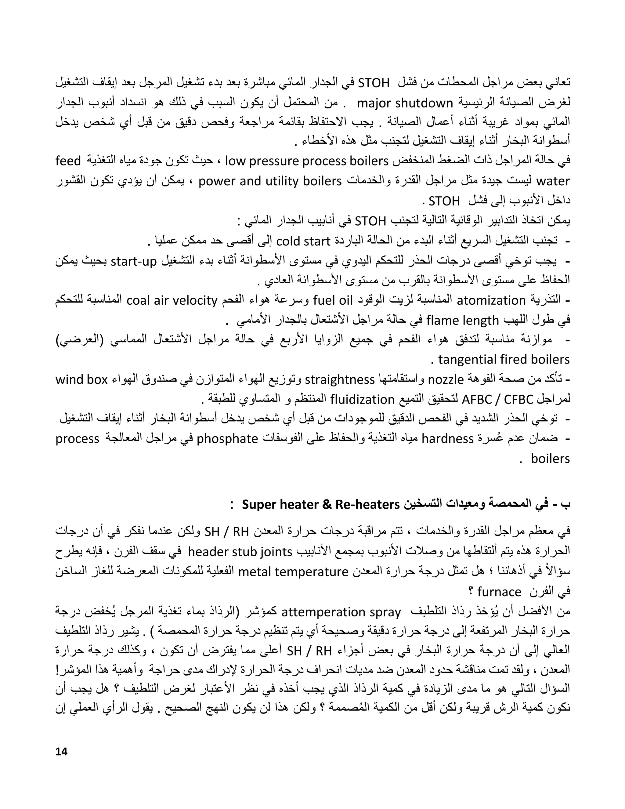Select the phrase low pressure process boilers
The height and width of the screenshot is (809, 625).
(307, 161)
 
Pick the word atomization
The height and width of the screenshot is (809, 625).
(491, 300)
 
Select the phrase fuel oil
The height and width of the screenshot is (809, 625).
(333, 300)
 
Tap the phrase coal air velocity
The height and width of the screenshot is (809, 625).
(172, 300)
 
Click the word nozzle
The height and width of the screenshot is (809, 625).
(446, 379)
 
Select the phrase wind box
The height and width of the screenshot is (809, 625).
(81, 379)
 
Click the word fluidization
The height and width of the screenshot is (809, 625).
(362, 399)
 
